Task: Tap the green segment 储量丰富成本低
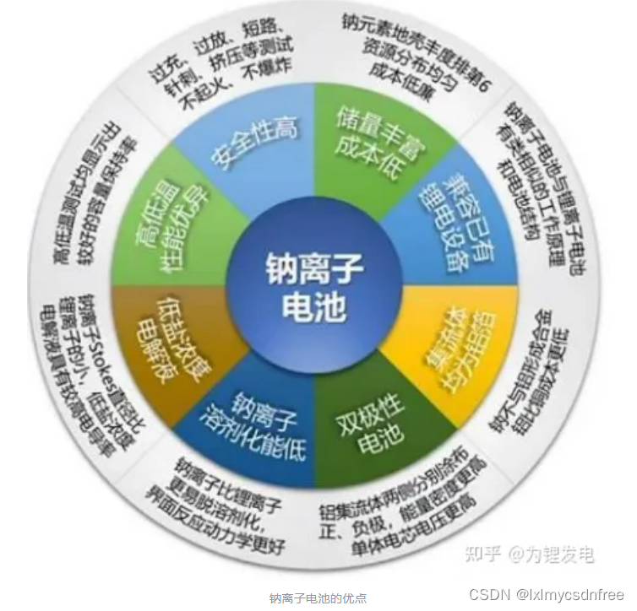pos(367,139)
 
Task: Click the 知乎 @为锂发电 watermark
pos(533,554)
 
